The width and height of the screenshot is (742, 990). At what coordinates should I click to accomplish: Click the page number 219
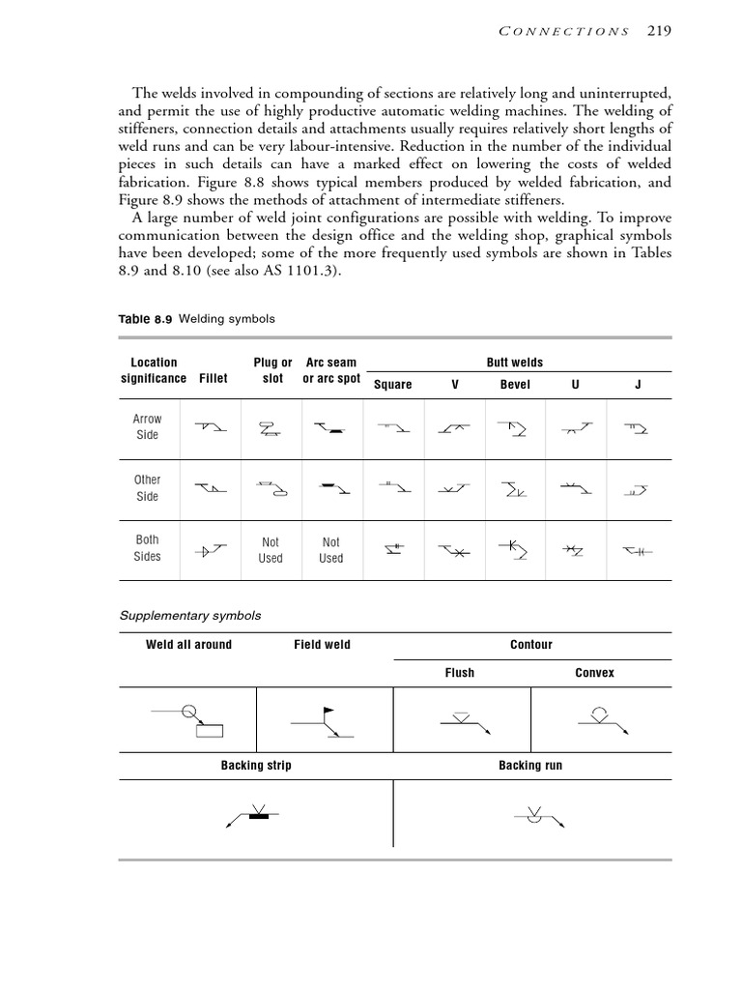tap(660, 30)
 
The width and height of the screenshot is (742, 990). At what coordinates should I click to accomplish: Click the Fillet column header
tap(214, 378)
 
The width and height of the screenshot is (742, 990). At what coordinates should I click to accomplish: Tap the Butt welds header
tap(514, 363)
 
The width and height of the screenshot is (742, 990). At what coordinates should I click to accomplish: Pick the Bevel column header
tap(515, 384)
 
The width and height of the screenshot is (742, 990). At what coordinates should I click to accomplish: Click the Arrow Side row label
tap(148, 426)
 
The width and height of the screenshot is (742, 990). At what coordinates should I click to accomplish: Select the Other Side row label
tap(148, 487)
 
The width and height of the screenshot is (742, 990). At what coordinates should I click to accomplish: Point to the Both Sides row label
tap(148, 548)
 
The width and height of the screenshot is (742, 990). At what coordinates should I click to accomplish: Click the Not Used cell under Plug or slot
tap(271, 550)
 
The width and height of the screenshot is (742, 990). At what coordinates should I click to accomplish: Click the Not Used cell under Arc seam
tap(330, 550)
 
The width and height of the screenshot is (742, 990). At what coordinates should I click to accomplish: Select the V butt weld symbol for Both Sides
tap(454, 551)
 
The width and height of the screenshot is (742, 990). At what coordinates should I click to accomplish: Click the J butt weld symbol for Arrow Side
tap(636, 427)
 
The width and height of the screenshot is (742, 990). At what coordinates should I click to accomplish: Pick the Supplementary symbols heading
tap(189, 615)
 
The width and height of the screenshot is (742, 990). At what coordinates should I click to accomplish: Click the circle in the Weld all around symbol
tap(189, 713)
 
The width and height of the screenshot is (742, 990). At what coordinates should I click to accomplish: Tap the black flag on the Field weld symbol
tap(329, 711)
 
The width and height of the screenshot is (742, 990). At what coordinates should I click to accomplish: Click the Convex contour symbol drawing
tap(594, 718)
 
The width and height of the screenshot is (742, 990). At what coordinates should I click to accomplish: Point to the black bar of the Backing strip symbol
tap(257, 817)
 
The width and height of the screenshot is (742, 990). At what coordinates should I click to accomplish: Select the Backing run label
tap(530, 766)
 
